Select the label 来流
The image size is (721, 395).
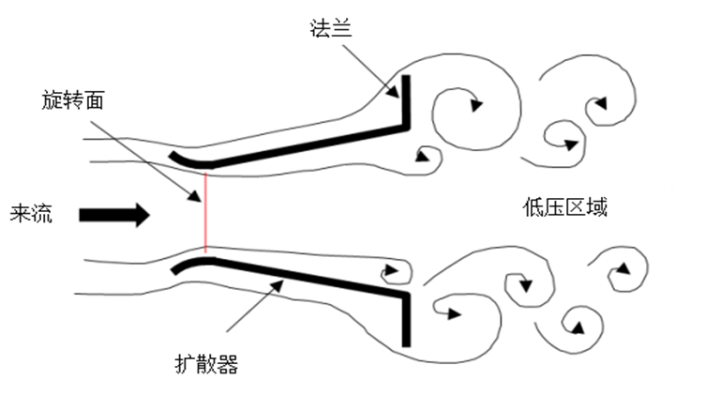31,215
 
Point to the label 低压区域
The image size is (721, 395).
565,206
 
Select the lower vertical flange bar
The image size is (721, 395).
407,319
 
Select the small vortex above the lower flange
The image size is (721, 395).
393,272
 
